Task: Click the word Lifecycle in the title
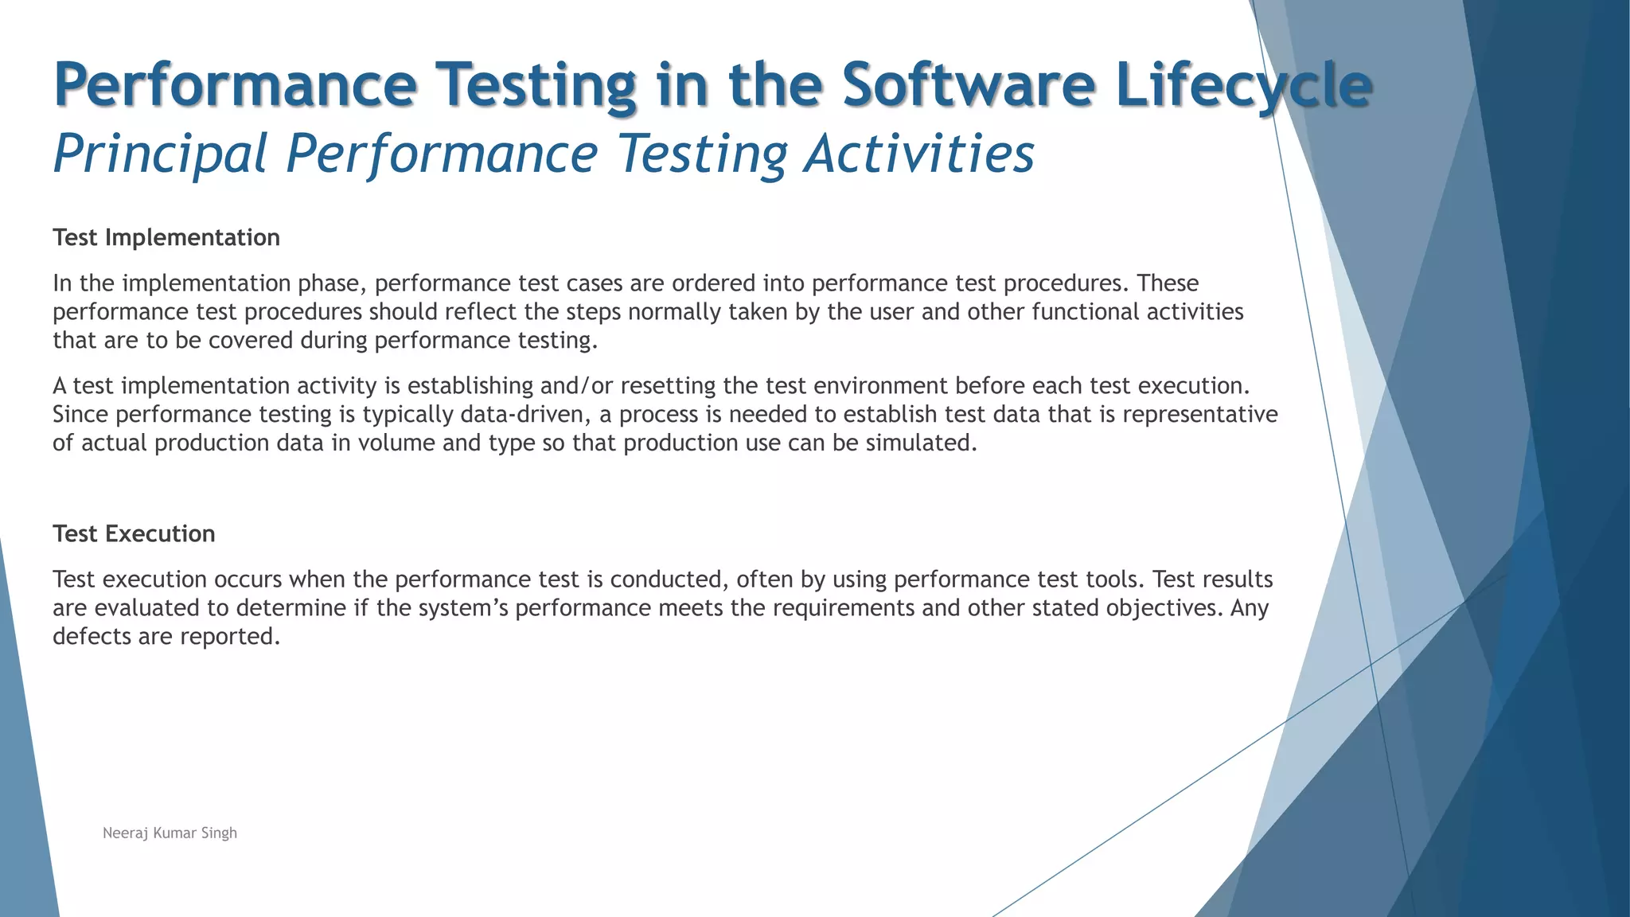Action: click(x=1243, y=84)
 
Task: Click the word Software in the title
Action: click(x=968, y=84)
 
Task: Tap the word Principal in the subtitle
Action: click(x=160, y=153)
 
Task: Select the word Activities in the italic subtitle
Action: click(x=919, y=153)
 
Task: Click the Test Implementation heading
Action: click(x=166, y=237)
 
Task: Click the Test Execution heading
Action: click(x=134, y=533)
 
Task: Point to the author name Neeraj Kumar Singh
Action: click(x=170, y=833)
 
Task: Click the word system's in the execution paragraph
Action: click(x=463, y=608)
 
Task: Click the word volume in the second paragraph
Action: click(x=396, y=443)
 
